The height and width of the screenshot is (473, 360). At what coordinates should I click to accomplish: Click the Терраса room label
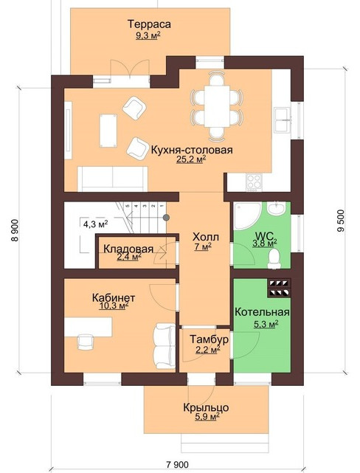149,24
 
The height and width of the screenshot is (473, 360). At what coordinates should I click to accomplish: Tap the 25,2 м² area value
191,159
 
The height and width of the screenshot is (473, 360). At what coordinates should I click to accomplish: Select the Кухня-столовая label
192,150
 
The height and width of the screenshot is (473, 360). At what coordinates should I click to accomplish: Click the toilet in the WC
274,258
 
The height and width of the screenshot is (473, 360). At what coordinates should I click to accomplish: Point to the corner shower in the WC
246,216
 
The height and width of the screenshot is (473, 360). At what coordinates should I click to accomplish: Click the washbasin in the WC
276,208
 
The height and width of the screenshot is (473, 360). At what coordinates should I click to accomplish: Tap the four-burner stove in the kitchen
254,182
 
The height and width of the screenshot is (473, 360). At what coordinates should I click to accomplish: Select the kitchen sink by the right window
282,120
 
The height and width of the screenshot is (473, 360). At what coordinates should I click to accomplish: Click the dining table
217,106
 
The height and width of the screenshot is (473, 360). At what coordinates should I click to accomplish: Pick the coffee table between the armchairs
108,131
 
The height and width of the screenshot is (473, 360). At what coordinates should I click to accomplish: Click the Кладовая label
128,249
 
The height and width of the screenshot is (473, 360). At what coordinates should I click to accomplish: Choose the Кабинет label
114,297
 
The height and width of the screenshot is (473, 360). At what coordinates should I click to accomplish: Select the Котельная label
262,312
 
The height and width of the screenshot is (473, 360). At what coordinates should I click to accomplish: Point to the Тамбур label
209,339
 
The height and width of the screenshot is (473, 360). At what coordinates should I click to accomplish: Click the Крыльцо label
206,408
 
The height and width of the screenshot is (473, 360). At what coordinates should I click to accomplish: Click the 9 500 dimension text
341,221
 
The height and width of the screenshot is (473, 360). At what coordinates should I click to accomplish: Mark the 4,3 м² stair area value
96,224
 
